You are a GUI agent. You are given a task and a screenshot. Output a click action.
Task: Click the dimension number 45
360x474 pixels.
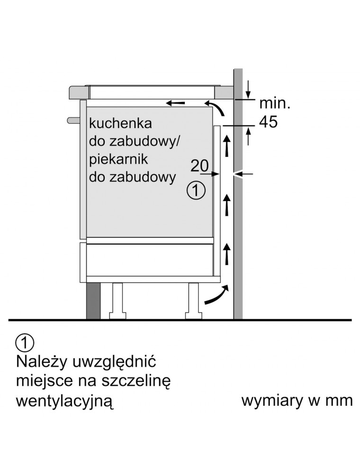[x=268, y=122]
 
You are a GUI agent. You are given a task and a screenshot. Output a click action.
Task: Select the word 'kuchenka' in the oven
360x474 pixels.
[x=120, y=124]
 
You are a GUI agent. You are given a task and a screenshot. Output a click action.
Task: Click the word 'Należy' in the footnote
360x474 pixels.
[x=42, y=363]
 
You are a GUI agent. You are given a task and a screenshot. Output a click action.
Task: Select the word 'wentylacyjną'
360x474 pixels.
[x=65, y=401]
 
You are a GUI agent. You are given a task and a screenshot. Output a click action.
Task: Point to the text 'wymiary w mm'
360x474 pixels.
[x=297, y=401]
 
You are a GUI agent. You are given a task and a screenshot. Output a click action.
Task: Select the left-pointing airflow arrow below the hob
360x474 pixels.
[x=175, y=102]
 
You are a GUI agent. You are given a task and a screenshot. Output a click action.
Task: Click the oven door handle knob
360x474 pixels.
[x=72, y=119]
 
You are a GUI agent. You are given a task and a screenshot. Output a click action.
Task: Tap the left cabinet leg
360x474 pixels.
[x=116, y=301]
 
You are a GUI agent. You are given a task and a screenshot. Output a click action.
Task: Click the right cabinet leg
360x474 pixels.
[x=194, y=301]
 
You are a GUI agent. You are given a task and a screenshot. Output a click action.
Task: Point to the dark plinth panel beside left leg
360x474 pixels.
[x=92, y=301]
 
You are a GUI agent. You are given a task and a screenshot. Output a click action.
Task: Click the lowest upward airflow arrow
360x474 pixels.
[x=228, y=254]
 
